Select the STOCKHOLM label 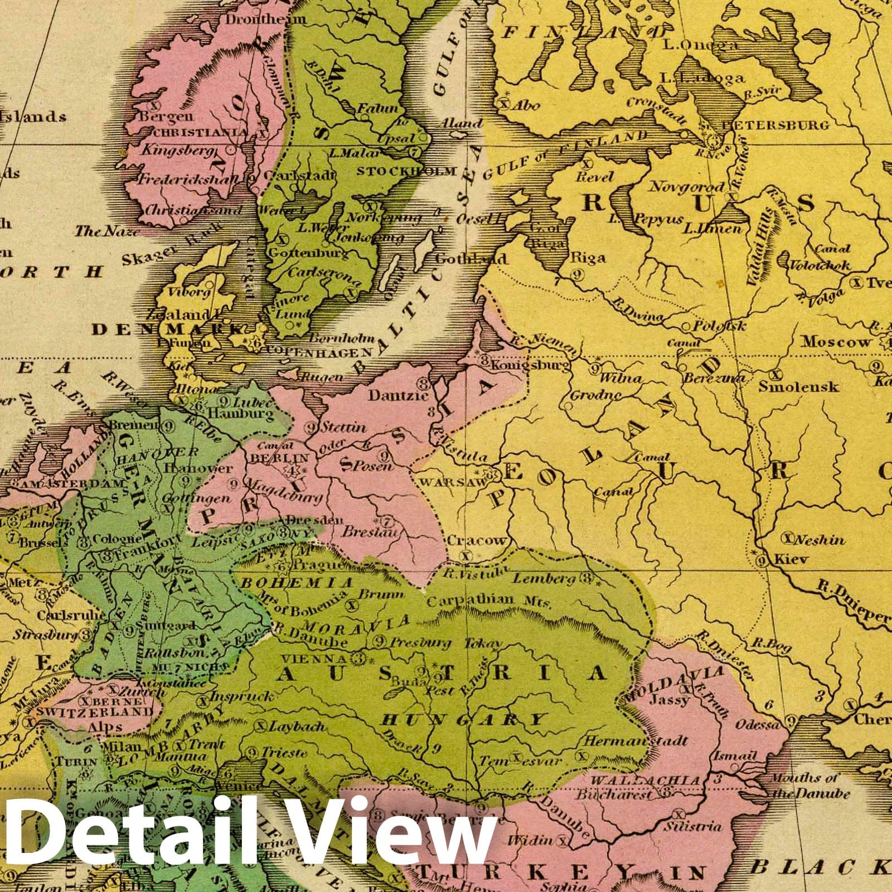pyautogui.click(x=407, y=171)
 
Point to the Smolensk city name pyautogui.click(x=798, y=386)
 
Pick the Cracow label pyautogui.click(x=477, y=540)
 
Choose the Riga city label pyautogui.click(x=588, y=258)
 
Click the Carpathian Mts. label pyautogui.click(x=488, y=602)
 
